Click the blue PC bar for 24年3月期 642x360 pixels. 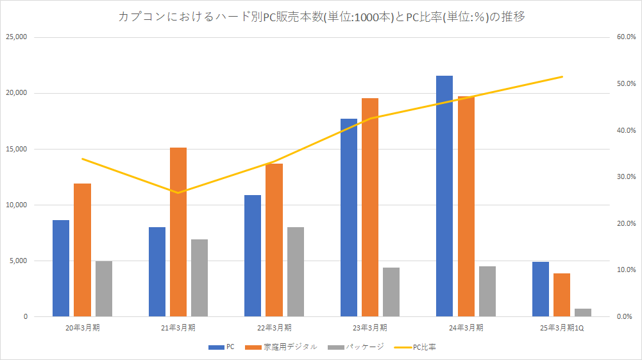point(444,196)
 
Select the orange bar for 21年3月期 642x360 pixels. point(178,232)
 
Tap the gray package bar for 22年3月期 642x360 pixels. point(295,271)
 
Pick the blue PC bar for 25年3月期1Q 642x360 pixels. point(541,289)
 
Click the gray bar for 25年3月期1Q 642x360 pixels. point(583,313)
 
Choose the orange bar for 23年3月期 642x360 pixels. point(370,207)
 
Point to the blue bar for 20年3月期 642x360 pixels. point(61,268)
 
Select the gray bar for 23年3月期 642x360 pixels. point(391,292)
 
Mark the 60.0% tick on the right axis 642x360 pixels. point(625,37)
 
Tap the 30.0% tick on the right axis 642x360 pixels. point(625,177)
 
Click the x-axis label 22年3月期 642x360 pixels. point(274,327)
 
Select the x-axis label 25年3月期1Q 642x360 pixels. point(562,327)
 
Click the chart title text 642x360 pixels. point(321,17)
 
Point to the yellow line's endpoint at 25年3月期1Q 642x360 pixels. point(562,76)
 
